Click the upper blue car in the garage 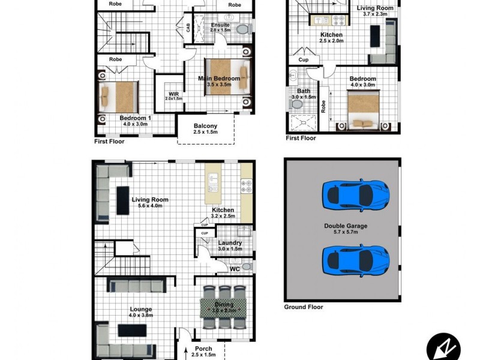(x=355, y=193)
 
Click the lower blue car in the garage (x=355, y=259)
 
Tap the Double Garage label (x=345, y=226)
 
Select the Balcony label (x=205, y=126)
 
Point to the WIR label (x=173, y=94)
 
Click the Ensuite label (x=220, y=25)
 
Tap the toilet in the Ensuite (x=242, y=29)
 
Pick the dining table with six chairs (x=223, y=306)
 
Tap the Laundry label (x=230, y=243)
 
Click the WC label (x=235, y=270)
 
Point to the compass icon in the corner (x=443, y=346)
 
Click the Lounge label (x=141, y=310)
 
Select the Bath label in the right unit (x=304, y=91)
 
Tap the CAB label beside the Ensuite (x=188, y=28)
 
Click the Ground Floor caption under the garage (x=303, y=307)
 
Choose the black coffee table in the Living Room (x=123, y=200)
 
